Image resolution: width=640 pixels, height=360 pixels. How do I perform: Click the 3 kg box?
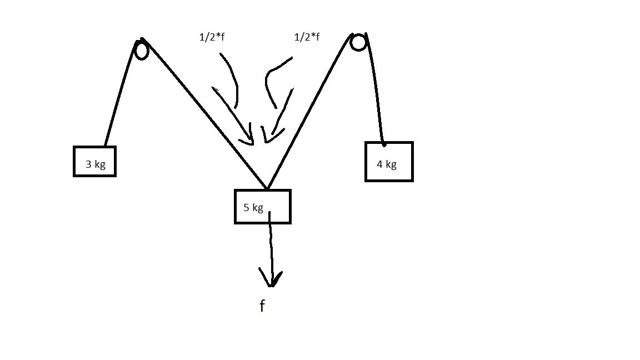click(94, 161)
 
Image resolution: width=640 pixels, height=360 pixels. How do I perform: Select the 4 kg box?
click(389, 161)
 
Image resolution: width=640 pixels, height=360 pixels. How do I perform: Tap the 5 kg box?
click(262, 207)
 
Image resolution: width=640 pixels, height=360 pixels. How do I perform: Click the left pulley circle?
click(142, 51)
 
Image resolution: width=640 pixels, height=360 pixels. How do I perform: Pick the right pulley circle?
click(358, 43)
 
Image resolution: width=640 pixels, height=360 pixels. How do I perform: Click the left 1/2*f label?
click(212, 38)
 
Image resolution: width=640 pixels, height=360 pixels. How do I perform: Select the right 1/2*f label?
click(307, 38)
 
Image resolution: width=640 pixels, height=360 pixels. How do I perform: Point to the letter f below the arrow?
click(262, 306)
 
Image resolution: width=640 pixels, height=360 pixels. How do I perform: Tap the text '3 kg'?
click(96, 164)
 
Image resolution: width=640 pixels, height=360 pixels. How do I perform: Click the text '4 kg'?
click(387, 164)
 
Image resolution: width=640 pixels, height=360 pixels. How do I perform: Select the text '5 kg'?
click(253, 208)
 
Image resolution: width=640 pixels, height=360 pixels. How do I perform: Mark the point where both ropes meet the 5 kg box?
click(267, 189)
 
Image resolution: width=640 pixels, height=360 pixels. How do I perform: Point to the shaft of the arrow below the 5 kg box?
click(271, 244)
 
